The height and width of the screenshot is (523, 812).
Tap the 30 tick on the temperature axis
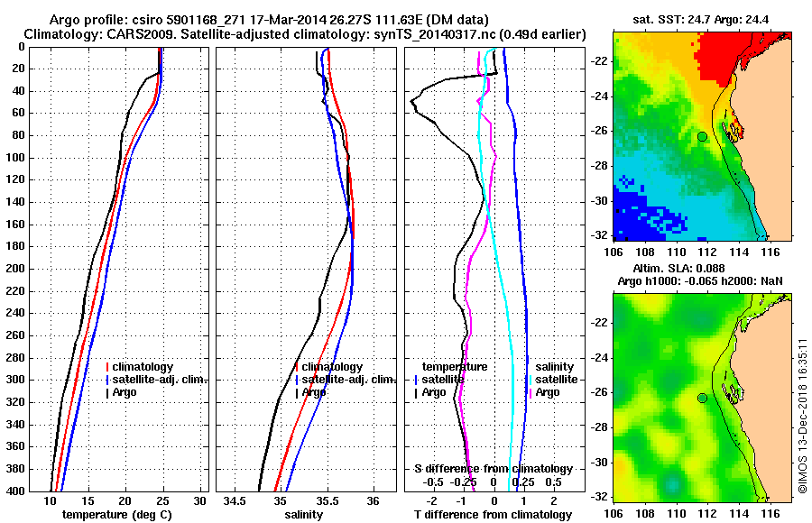(x=199, y=500)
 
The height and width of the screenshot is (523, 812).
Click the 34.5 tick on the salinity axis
(x=236, y=500)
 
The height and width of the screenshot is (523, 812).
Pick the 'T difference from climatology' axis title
(x=493, y=515)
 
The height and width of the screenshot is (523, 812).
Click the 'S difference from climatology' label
(x=493, y=469)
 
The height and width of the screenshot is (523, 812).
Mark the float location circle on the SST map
(x=703, y=136)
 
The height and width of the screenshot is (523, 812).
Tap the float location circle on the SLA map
(x=703, y=398)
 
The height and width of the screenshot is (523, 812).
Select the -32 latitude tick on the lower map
(x=599, y=497)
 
